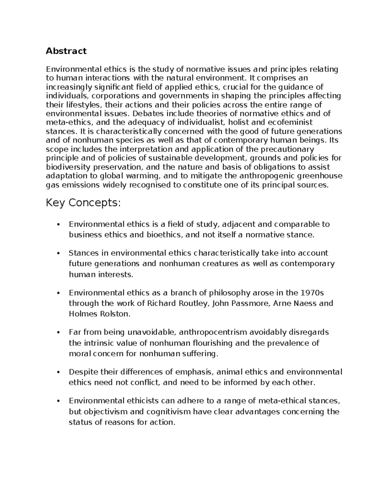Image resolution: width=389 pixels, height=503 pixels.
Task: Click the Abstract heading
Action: tap(66, 51)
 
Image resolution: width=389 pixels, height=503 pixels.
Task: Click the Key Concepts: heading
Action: tap(83, 203)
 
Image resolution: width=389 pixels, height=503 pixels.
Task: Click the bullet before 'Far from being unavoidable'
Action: tap(58, 333)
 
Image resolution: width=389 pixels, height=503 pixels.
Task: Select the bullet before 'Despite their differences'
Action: tap(58, 372)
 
